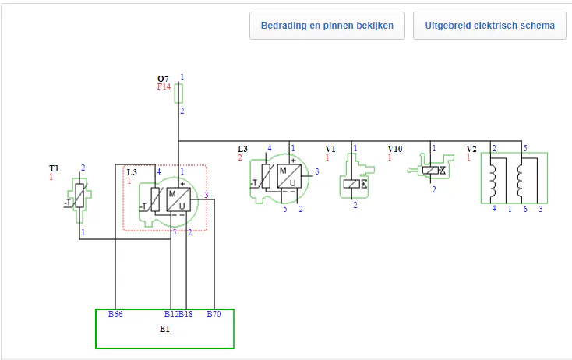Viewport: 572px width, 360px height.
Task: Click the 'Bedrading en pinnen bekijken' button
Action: click(327, 26)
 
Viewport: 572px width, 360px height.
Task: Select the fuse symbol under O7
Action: click(179, 94)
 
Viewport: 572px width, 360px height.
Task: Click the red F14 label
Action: click(164, 86)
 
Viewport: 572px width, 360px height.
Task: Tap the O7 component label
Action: click(163, 79)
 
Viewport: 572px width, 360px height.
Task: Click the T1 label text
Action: click(54, 168)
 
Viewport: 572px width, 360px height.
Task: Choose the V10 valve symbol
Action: click(429, 171)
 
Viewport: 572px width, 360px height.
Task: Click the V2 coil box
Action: click(514, 178)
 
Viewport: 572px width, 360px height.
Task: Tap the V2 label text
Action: click(471, 149)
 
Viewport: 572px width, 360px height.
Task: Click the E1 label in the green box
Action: click(164, 329)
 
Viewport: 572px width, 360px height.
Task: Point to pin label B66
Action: click(115, 315)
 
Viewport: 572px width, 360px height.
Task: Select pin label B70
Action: click(214, 315)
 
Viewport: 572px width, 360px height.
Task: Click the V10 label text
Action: click(395, 148)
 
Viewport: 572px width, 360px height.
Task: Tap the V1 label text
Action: click(330, 148)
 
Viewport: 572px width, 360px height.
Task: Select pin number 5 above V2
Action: click(525, 148)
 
